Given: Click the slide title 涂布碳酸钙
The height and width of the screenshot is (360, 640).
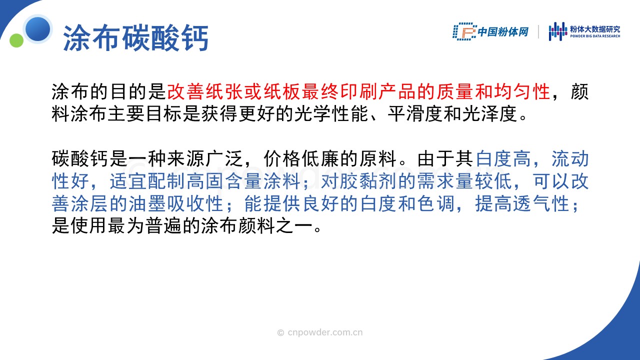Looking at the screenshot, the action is click(x=135, y=38).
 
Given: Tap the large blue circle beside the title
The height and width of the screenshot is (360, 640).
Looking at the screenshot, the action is click(x=37, y=29).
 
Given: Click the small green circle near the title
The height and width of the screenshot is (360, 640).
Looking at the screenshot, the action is click(x=16, y=40).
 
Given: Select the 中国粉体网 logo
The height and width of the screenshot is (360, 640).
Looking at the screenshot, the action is click(x=490, y=31).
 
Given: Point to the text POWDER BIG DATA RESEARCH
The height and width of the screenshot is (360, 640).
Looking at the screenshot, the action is click(x=595, y=36).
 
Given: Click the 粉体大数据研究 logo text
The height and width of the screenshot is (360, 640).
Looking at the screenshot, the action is click(x=595, y=29).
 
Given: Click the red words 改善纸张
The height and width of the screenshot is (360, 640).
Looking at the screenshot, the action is click(x=205, y=91).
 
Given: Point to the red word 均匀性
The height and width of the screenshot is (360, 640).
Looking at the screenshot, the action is click(x=521, y=91).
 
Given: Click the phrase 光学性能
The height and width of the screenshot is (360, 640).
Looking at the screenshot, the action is click(x=331, y=113).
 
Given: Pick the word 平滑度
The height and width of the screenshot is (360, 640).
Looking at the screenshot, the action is click(x=415, y=113).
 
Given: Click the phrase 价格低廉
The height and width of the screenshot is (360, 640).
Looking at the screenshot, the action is click(x=301, y=158).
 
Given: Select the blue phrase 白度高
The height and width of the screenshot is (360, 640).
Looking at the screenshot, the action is click(x=503, y=158).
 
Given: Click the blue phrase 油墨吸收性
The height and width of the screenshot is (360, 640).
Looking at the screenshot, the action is click(x=175, y=203).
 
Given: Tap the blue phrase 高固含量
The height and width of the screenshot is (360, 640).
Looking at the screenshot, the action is click(x=224, y=181).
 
